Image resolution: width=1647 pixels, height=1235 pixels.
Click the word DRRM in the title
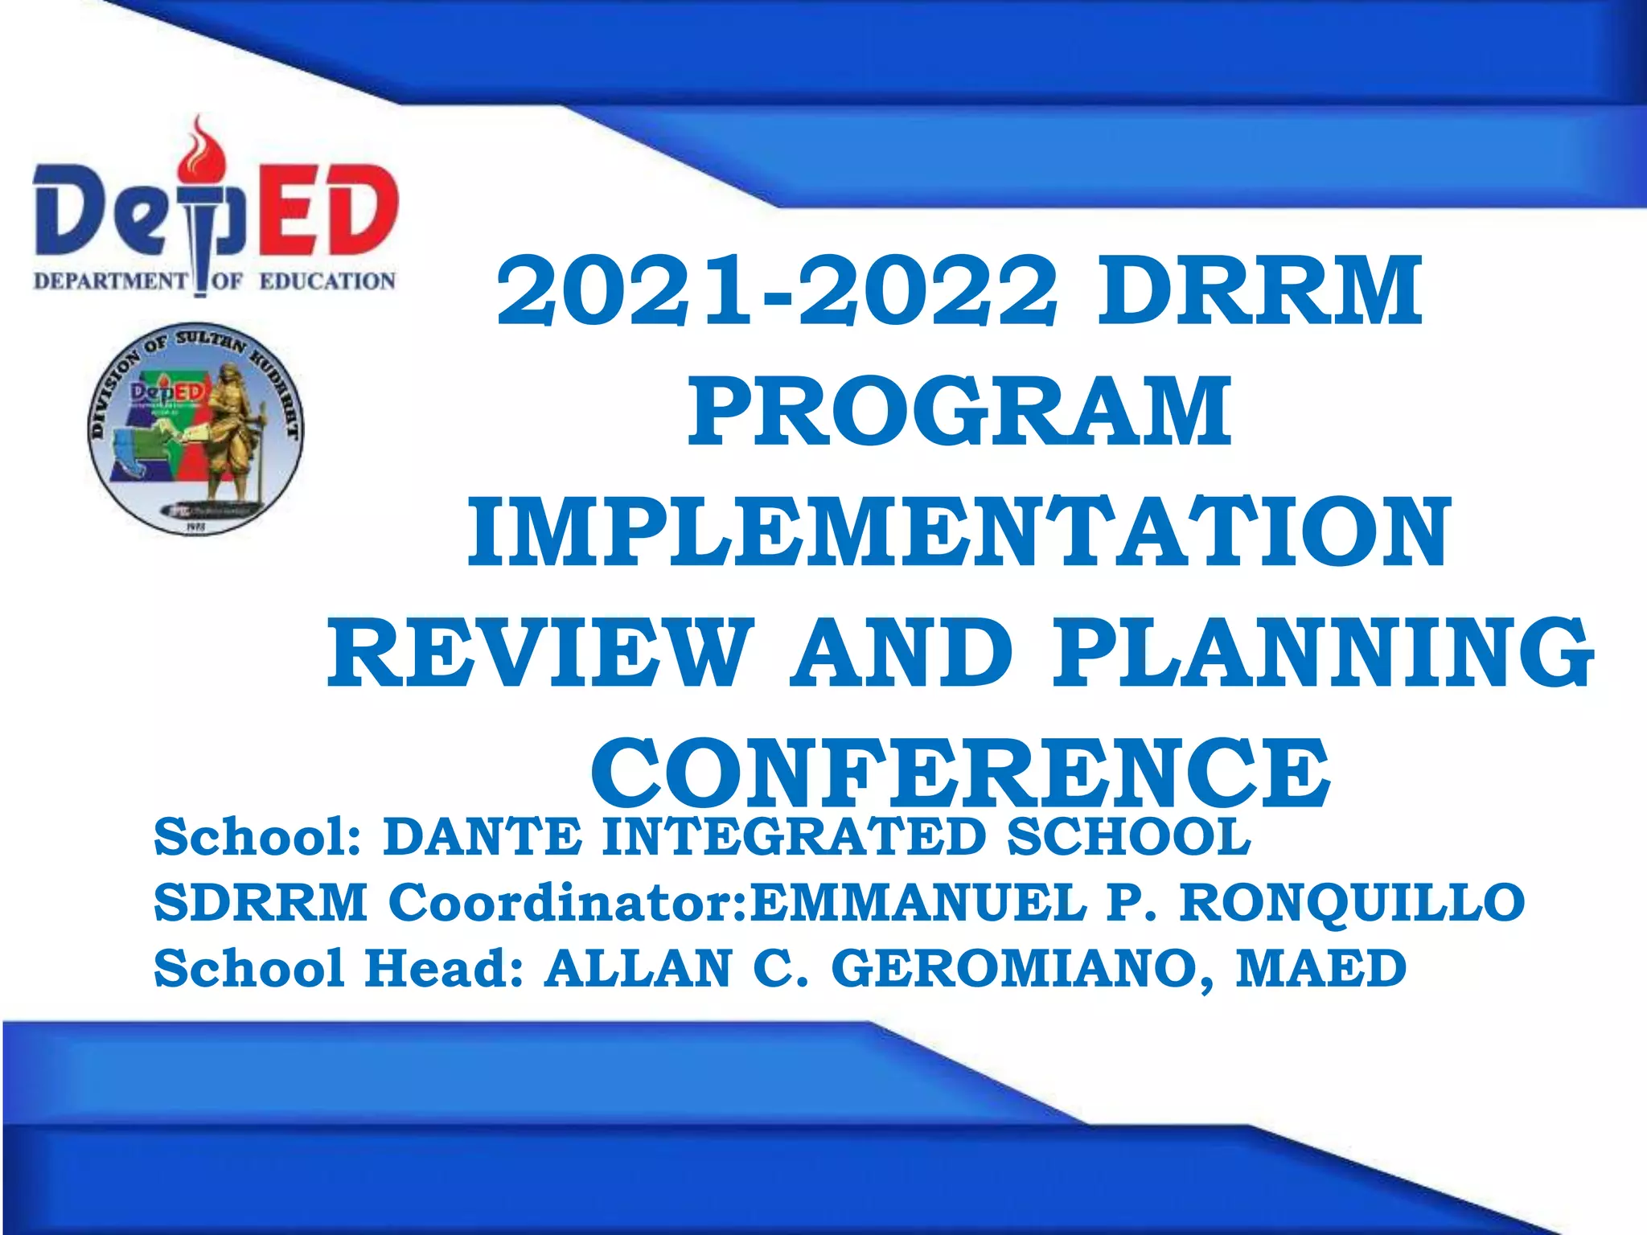1259,290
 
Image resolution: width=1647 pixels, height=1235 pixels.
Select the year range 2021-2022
776,290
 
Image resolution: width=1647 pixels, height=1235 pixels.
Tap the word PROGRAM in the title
959,411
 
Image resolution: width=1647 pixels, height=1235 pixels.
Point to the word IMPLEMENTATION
959,531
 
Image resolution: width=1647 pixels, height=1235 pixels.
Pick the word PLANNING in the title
1323,652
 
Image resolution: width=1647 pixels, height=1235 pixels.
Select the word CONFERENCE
959,773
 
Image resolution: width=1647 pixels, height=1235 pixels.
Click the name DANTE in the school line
482,836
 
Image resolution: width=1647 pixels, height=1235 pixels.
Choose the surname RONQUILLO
1352,902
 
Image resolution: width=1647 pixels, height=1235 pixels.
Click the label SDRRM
261,902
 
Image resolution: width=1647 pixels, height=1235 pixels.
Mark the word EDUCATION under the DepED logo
327,281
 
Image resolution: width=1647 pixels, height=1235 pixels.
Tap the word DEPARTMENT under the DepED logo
109,281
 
